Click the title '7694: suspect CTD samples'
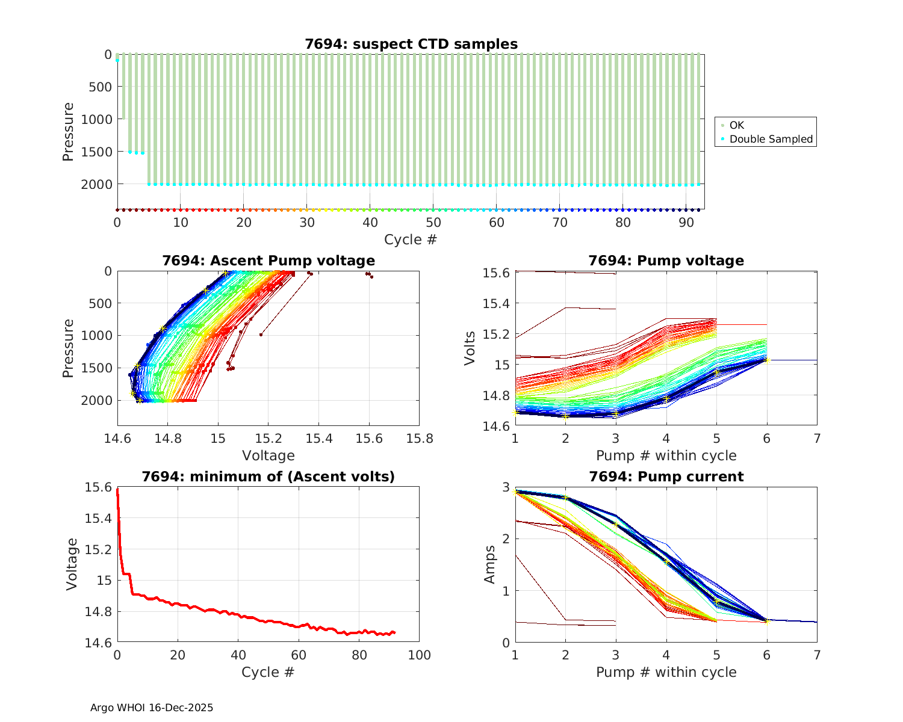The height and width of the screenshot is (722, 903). [411, 44]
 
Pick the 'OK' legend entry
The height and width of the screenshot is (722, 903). [736, 125]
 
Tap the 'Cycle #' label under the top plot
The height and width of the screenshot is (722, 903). [411, 239]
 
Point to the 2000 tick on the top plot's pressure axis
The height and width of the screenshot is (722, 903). [96, 184]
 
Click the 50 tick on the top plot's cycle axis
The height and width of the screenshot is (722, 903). [433, 223]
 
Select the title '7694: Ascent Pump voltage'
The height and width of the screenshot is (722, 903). [268, 261]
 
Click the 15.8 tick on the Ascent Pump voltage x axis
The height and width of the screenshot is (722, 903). [420, 439]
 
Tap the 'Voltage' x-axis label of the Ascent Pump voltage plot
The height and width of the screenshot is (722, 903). [268, 455]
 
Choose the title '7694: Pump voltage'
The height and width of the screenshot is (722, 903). [666, 261]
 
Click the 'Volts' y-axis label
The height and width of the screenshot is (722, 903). [470, 348]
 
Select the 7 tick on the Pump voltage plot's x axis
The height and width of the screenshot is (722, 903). [817, 439]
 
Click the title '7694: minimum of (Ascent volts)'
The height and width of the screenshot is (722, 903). [268, 477]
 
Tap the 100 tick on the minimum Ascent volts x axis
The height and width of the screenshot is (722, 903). [420, 655]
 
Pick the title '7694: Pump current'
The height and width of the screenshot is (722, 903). [666, 477]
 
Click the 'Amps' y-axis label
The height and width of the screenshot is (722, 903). [491, 564]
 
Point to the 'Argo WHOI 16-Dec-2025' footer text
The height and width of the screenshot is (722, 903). [152, 708]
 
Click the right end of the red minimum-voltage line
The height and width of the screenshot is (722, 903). [395, 632]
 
